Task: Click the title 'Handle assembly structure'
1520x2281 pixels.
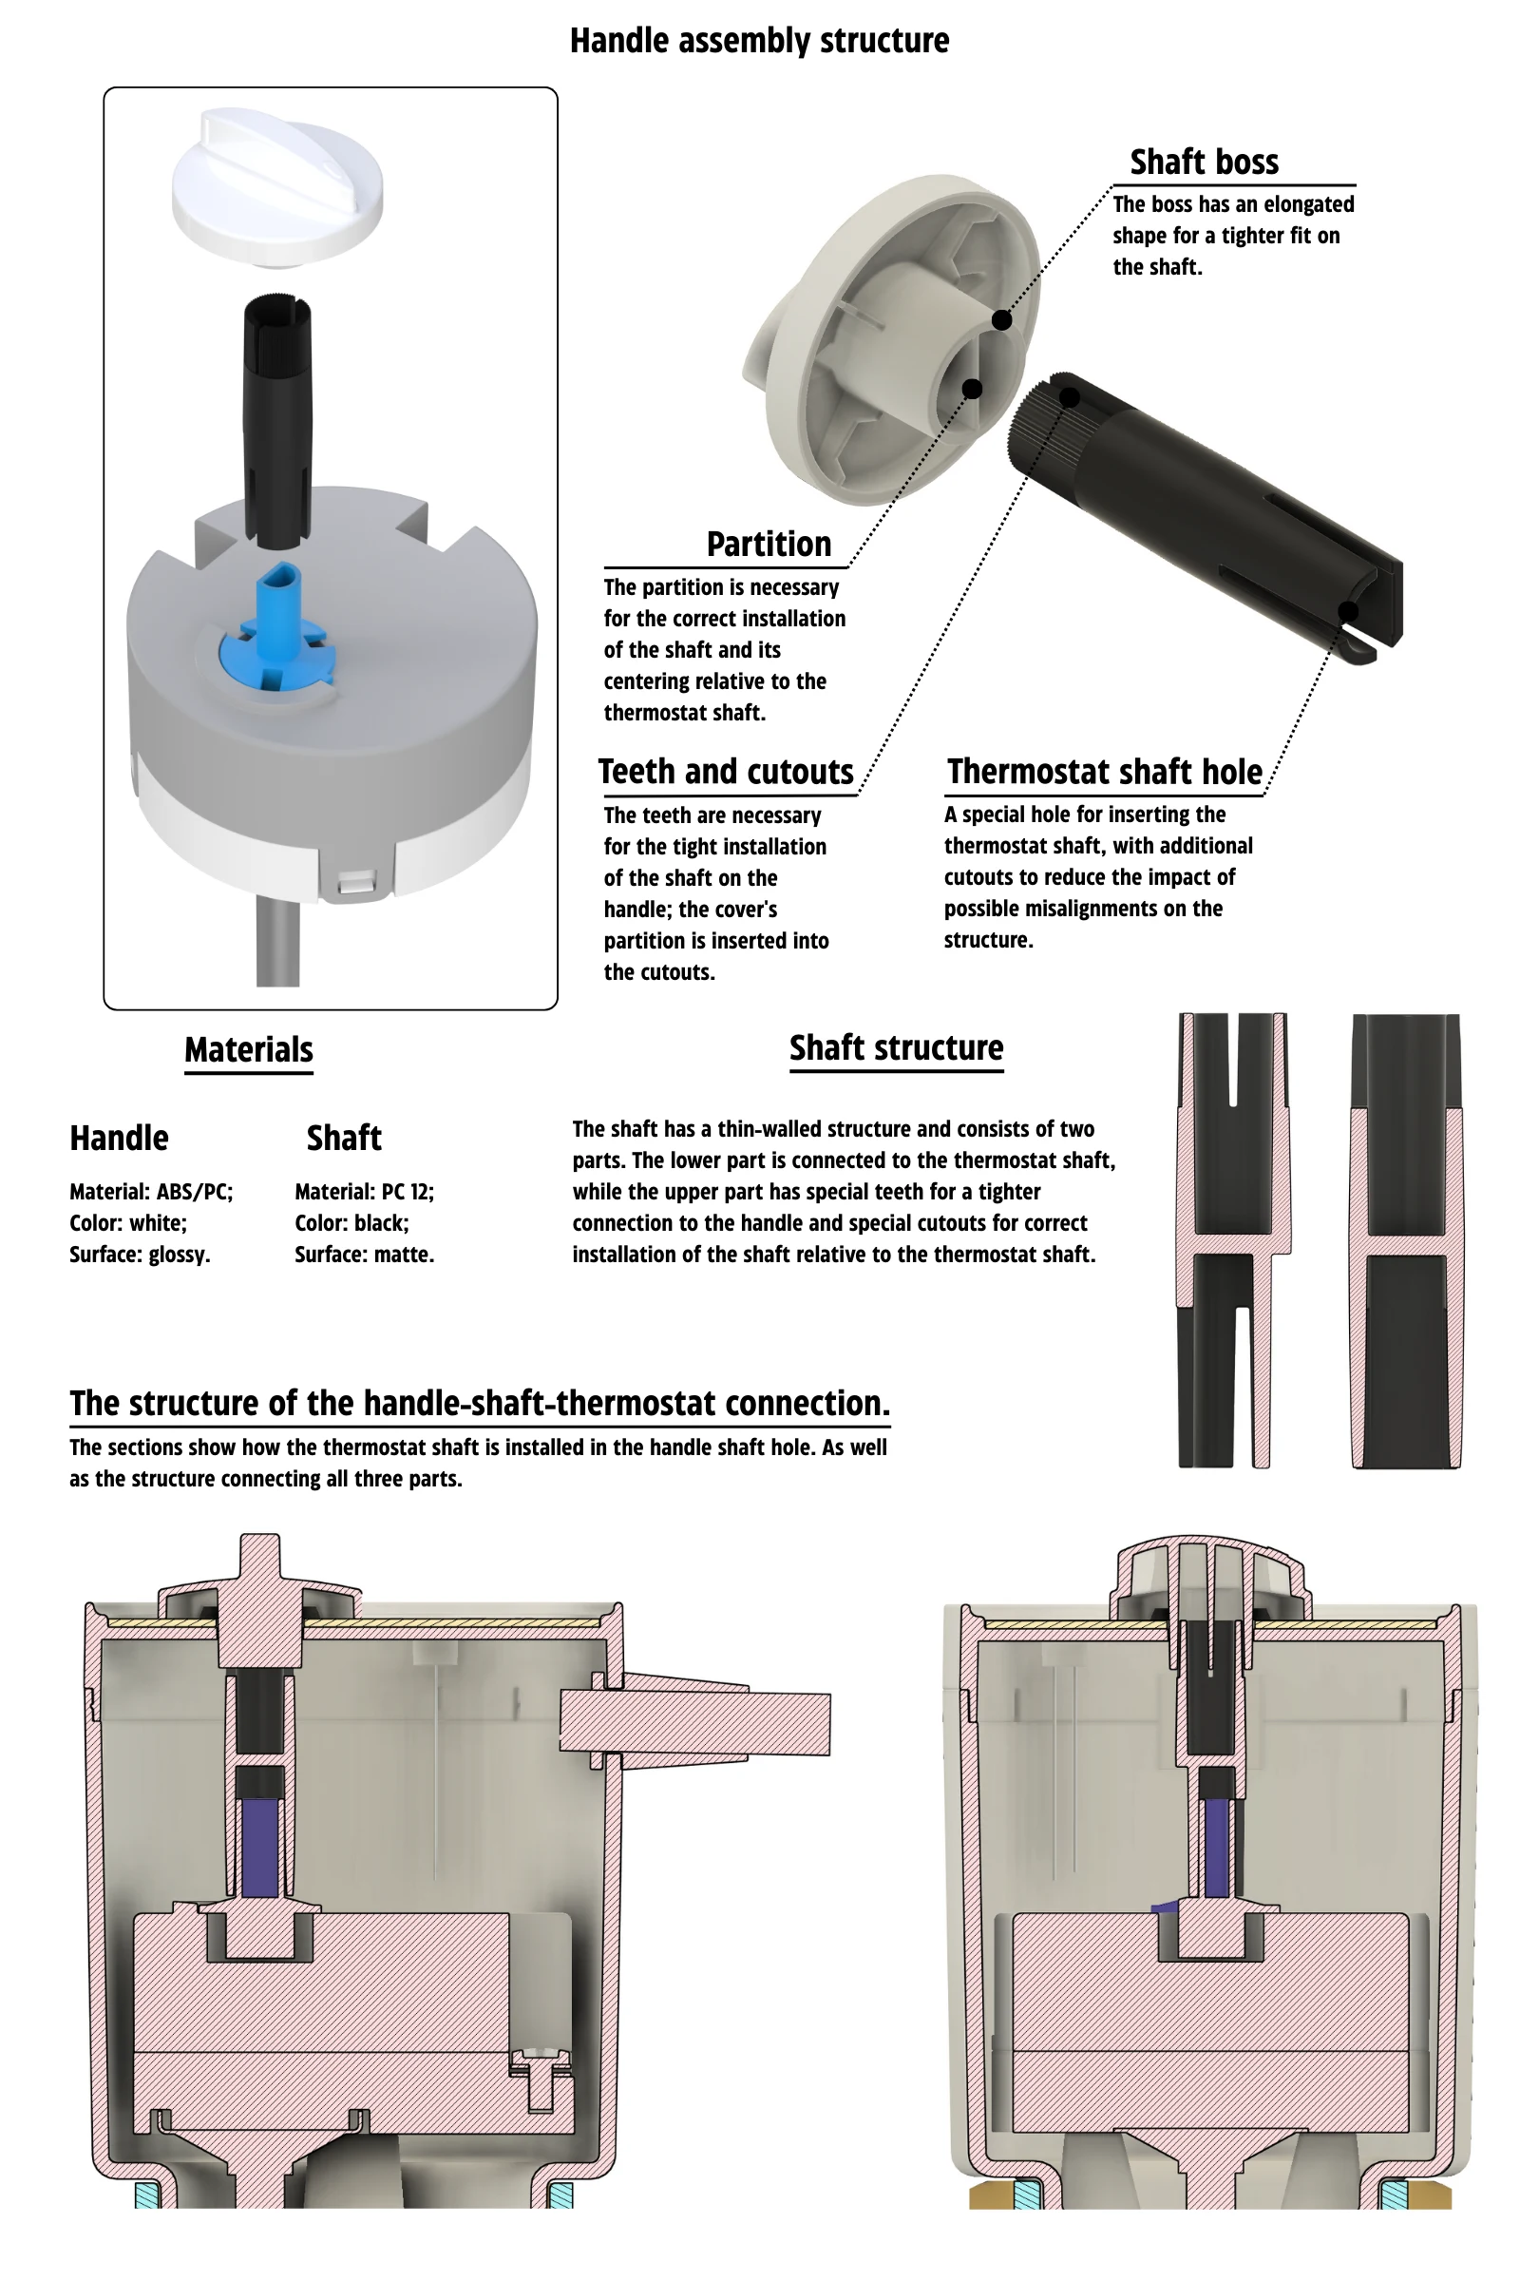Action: [x=759, y=41]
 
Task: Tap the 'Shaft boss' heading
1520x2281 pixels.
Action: [x=1204, y=161]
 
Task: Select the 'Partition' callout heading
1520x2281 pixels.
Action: [x=769, y=544]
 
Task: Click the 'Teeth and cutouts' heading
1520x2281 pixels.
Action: [x=726, y=771]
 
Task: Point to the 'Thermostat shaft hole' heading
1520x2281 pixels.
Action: [x=1104, y=771]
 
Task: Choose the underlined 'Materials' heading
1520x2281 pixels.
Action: [x=248, y=1049]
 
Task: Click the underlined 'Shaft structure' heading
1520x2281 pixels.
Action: [x=896, y=1047]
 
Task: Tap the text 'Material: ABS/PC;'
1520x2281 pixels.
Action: [x=151, y=1191]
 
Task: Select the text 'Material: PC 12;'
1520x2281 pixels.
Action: [x=365, y=1191]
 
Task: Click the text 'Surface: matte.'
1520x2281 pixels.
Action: [x=365, y=1254]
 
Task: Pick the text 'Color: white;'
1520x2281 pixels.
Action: [x=128, y=1223]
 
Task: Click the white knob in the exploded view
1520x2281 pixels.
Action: [x=277, y=184]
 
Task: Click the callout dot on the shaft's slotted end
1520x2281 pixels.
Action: [x=1347, y=611]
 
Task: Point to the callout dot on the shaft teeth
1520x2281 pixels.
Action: [x=1070, y=396]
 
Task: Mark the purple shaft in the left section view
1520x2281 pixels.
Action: [x=258, y=1847]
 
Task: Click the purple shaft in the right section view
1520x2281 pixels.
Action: [x=1217, y=1849]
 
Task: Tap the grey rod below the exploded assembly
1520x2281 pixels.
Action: [x=277, y=941]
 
